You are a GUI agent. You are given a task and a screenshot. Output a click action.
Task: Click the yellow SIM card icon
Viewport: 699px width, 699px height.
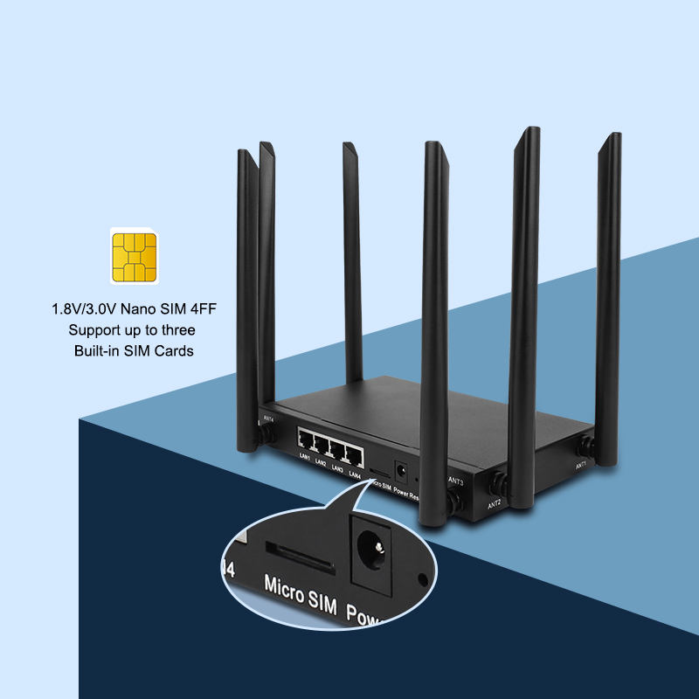click(134, 254)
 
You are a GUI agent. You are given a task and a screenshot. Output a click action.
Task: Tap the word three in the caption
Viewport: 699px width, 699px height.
click(177, 329)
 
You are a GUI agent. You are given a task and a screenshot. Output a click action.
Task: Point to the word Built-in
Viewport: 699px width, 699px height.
click(100, 350)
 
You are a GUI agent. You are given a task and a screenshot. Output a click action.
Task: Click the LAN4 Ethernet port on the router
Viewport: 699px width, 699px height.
click(354, 453)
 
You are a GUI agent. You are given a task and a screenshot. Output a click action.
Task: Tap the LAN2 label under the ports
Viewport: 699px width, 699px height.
click(320, 463)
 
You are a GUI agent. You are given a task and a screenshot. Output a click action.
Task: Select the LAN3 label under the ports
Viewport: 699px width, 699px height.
click(337, 468)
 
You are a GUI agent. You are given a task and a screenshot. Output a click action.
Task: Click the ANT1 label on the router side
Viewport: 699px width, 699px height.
click(581, 466)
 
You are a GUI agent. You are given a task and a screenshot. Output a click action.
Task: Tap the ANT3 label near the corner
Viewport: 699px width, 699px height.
click(455, 481)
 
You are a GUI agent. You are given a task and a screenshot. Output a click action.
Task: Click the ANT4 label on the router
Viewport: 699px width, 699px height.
click(268, 419)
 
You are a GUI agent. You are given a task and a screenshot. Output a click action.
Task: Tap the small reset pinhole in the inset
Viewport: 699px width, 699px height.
click(425, 578)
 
